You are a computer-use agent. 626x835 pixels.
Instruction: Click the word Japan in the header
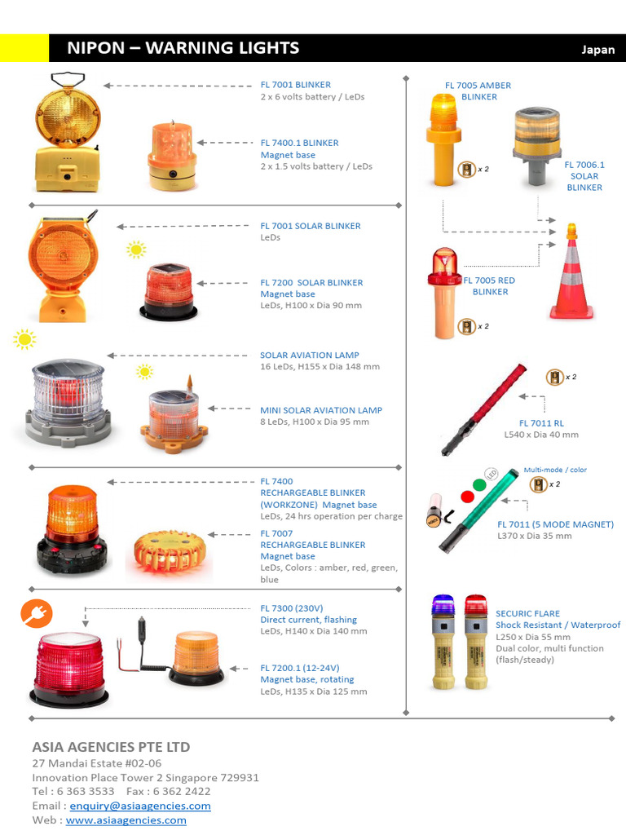(x=597, y=49)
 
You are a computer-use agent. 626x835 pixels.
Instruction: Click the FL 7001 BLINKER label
(x=295, y=85)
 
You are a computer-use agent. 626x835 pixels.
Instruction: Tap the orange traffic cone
(x=571, y=273)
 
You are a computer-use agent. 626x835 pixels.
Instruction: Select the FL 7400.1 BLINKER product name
(x=299, y=143)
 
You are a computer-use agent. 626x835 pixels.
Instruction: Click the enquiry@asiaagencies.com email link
(x=140, y=806)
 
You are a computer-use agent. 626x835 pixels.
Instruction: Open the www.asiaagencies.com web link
(x=126, y=820)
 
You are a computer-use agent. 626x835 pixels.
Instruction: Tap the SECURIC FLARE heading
(x=527, y=613)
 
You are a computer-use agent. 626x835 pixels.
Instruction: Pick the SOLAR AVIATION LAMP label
(x=309, y=356)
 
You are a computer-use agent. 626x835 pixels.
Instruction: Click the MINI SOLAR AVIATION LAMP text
(x=320, y=410)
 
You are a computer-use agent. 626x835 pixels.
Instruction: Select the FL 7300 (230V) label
(x=292, y=608)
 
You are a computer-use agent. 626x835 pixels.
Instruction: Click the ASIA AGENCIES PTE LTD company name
(x=111, y=747)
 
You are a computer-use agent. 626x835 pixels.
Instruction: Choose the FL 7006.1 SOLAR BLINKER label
(x=584, y=175)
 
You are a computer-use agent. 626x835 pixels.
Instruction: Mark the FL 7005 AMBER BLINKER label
(x=478, y=91)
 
